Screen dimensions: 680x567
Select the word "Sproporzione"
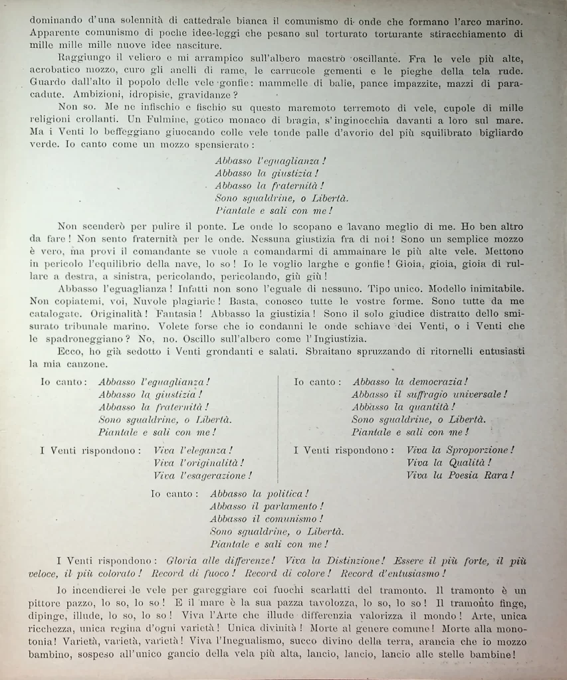click(479, 450)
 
